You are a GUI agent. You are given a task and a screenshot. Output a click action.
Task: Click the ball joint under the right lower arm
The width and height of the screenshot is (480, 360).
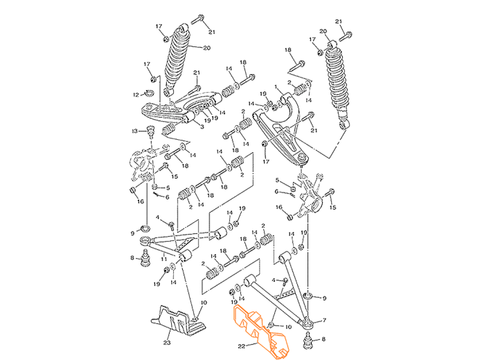[x=307, y=340]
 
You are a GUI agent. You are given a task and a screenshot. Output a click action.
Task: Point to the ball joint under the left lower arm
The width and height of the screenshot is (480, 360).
[x=146, y=260]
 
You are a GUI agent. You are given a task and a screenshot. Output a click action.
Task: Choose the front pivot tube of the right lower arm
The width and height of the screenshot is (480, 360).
[x=250, y=280]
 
